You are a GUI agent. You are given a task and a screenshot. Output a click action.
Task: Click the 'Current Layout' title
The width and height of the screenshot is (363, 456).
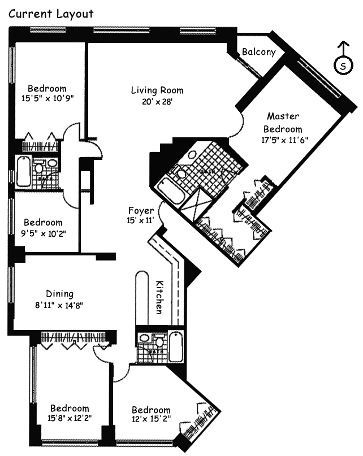coord(50,14)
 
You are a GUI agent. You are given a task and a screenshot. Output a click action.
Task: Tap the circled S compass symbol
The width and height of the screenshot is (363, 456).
coord(343,66)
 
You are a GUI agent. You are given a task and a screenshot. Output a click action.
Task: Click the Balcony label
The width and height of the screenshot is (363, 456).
coord(258,52)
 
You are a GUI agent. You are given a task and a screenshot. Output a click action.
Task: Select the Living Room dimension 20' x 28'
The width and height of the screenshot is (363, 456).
coord(157,102)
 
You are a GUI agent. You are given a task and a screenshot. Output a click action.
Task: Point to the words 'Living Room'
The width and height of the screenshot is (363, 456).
coord(157,90)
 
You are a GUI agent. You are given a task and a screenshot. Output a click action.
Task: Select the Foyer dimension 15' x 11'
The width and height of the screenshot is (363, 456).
coord(141,221)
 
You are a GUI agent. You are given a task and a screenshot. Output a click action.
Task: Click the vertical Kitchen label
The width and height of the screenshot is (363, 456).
coord(160,297)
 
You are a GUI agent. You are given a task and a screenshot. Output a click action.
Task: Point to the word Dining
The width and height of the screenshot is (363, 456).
coord(59,294)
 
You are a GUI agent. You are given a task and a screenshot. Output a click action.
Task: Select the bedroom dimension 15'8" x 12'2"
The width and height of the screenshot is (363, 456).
coord(70,419)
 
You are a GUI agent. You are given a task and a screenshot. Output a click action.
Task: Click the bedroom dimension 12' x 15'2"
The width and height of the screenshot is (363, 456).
coord(151,420)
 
